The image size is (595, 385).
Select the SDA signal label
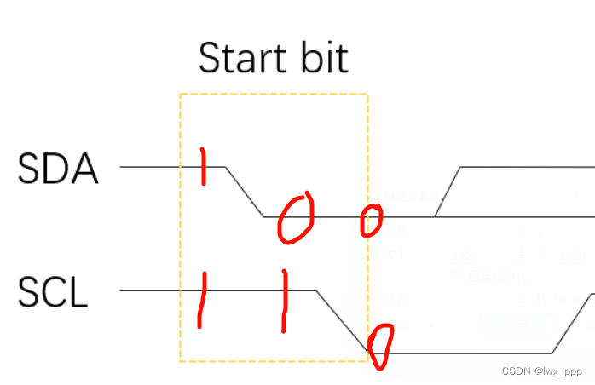click(x=58, y=169)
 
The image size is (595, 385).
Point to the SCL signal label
click(x=53, y=293)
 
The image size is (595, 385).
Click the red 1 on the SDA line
click(x=203, y=166)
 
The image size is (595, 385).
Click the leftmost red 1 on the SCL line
click(x=202, y=299)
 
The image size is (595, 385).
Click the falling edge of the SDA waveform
click(x=245, y=192)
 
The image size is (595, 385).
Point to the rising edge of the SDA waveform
click(x=448, y=192)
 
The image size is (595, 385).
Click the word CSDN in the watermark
click(x=517, y=372)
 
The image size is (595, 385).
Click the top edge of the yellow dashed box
click(x=273, y=94)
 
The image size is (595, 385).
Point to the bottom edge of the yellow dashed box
click(x=273, y=361)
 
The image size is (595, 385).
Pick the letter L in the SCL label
click(x=78, y=293)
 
